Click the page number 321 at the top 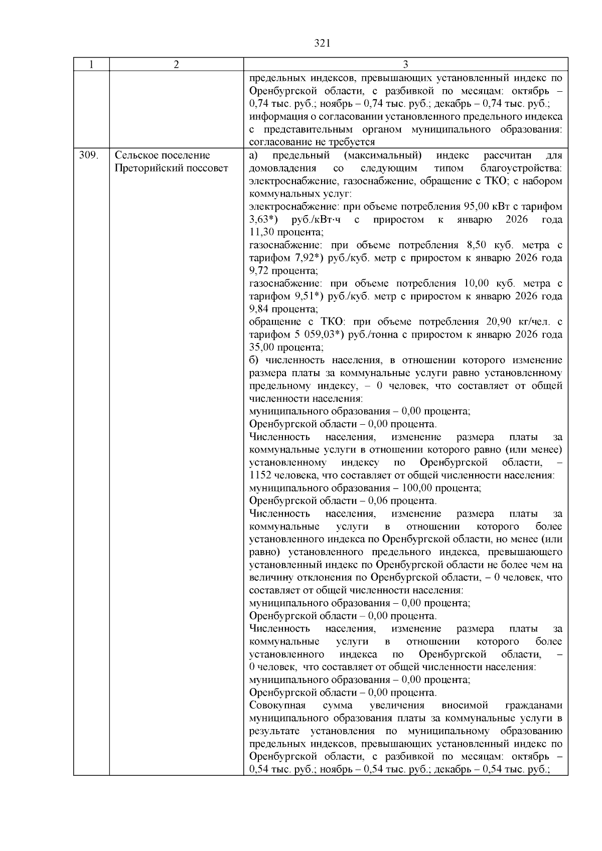(x=322, y=43)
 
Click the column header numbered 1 (x=91, y=65)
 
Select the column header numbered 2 (x=176, y=65)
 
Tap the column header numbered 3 (x=405, y=65)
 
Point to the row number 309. (x=88, y=155)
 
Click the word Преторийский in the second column (x=145, y=168)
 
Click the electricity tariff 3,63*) (x=264, y=220)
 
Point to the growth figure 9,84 (x=260, y=309)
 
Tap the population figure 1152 (x=260, y=475)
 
